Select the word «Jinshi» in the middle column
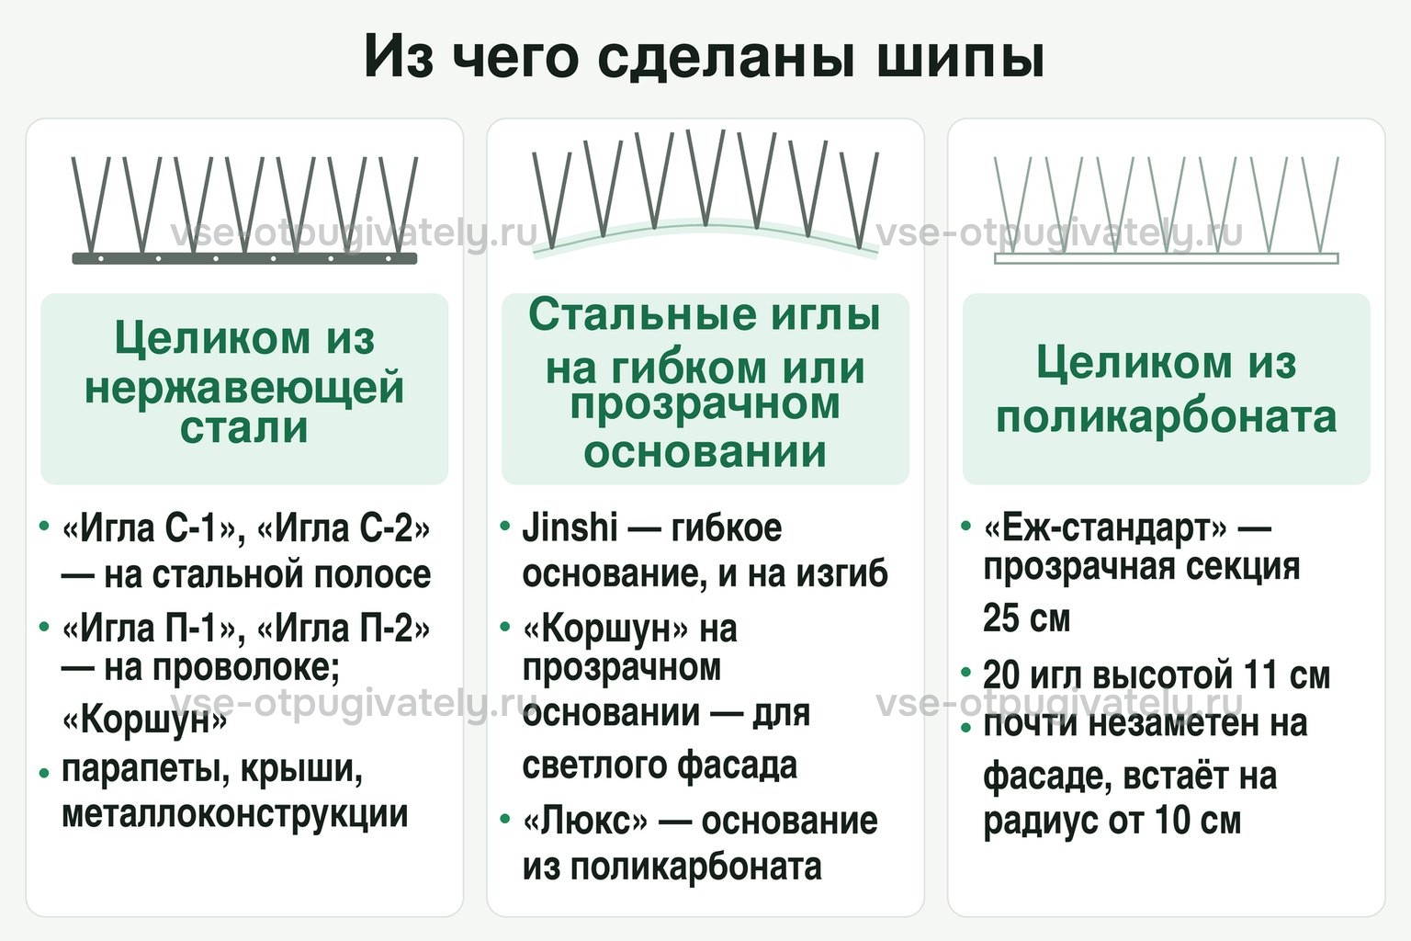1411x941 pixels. [x=570, y=527]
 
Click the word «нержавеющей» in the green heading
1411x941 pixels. [x=244, y=388]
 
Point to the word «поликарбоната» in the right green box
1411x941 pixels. [x=1166, y=416]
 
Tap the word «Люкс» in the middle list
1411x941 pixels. [x=585, y=822]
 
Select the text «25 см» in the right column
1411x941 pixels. [x=1026, y=618]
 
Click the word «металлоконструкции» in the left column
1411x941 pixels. [x=234, y=814]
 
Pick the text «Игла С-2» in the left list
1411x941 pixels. [x=344, y=528]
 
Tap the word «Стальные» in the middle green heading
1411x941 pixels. [x=642, y=314]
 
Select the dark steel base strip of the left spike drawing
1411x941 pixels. [x=244, y=258]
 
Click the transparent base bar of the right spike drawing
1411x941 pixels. [x=1166, y=258]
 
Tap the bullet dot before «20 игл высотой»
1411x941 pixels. [x=965, y=673]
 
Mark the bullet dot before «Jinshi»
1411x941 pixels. [x=504, y=525]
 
